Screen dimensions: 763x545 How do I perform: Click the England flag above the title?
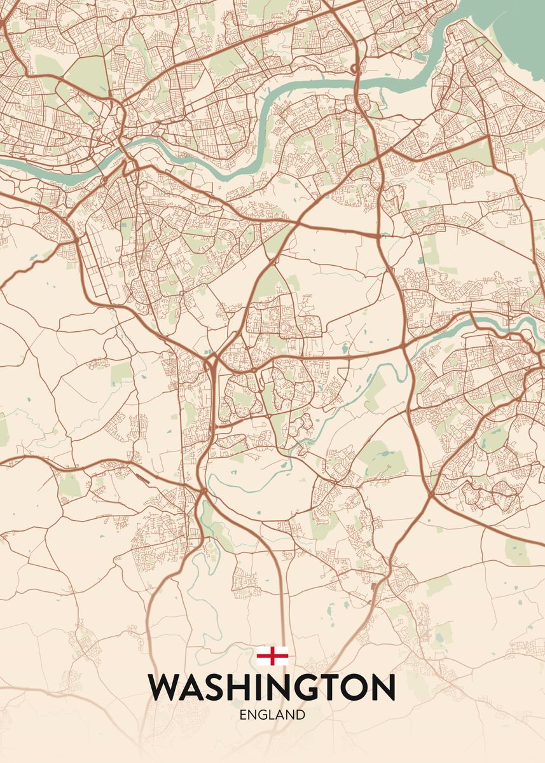(x=272, y=656)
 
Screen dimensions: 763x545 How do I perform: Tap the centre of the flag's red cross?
(x=272, y=656)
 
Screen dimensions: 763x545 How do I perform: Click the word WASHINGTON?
(x=272, y=688)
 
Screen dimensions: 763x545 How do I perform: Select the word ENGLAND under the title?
(x=272, y=715)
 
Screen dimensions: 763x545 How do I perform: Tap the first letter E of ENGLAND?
(x=243, y=715)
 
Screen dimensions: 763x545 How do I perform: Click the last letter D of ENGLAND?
(x=301, y=715)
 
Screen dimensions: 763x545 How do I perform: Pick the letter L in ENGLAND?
(x=271, y=715)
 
